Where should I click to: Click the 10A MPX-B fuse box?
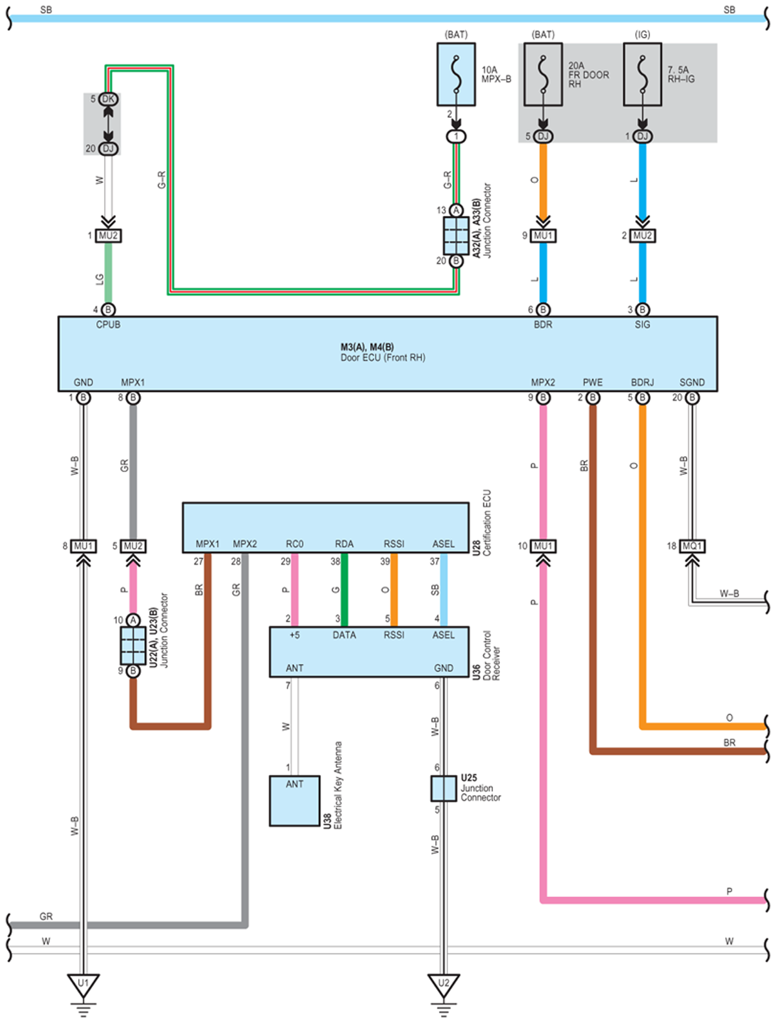[x=455, y=75]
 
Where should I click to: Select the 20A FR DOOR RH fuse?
[x=542, y=75]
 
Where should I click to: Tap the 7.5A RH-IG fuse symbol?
[x=643, y=75]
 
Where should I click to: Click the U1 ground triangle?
[x=83, y=985]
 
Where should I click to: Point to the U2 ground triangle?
[x=443, y=985]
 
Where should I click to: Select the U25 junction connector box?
[x=443, y=789]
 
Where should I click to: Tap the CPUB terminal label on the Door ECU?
[x=108, y=325]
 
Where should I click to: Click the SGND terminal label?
[x=691, y=382]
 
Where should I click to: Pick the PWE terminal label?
[x=592, y=382]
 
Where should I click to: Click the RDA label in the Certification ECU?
[x=344, y=544]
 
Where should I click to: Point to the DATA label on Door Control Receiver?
[x=344, y=635]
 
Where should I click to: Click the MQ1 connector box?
[x=691, y=546]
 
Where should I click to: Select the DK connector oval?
[x=108, y=99]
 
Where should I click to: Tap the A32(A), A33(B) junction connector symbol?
[x=456, y=236]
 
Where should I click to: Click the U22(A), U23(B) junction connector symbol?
[x=133, y=645]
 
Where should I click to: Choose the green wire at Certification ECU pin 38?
[x=344, y=589]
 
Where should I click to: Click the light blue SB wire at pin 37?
[x=444, y=589]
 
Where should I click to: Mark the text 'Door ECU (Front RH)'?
[x=383, y=358]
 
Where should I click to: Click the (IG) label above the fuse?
[x=643, y=34]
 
